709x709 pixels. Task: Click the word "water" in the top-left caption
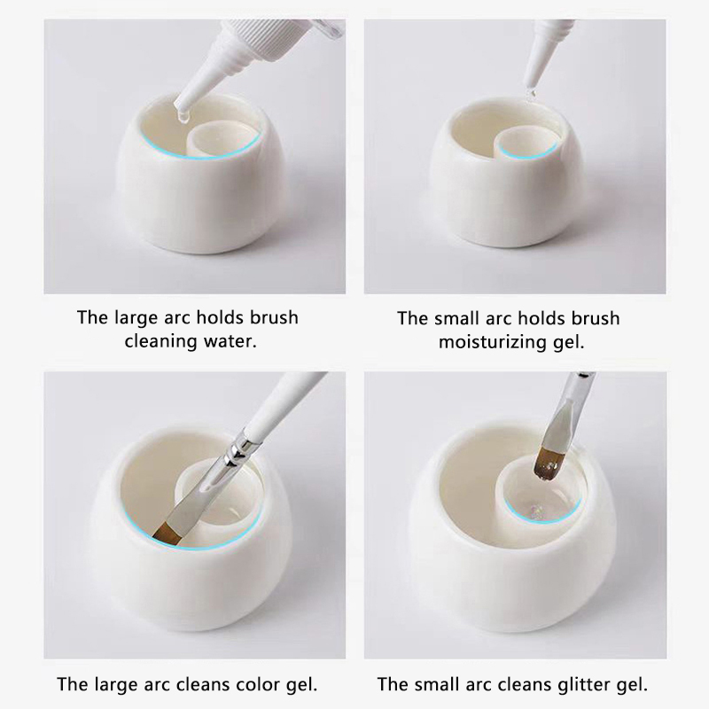[x=230, y=341]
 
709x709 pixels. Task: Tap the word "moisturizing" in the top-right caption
[x=493, y=342]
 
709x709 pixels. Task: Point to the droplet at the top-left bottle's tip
[x=183, y=117]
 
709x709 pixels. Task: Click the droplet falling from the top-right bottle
[x=531, y=93]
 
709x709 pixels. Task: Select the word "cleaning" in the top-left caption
[x=161, y=341]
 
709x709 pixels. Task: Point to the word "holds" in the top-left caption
[x=220, y=317]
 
